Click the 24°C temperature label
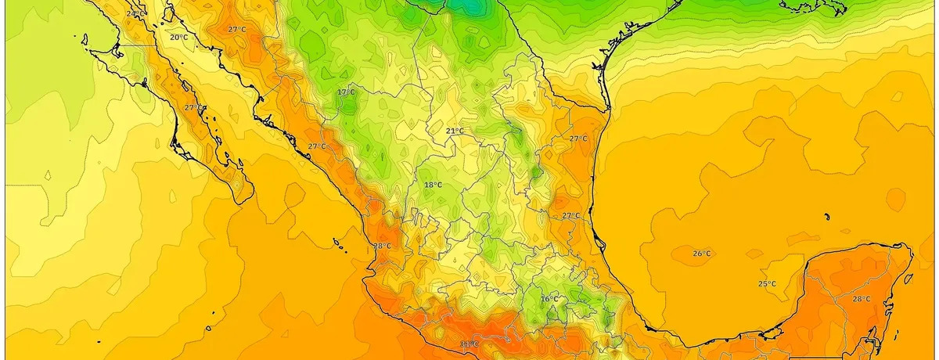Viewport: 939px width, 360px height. coord(134,14)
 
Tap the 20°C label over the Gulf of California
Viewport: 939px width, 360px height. coord(178,37)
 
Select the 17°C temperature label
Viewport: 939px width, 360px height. coord(346,92)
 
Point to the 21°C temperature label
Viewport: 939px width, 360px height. coord(455,131)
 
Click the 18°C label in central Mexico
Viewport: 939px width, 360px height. coord(433,185)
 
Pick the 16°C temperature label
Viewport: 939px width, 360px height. coord(550,298)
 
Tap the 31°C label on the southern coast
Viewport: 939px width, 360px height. coord(469,344)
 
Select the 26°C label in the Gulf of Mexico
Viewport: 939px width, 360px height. coord(702,253)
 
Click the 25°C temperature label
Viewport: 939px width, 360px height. coord(766,283)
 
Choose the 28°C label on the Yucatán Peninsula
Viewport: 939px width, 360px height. coord(861,299)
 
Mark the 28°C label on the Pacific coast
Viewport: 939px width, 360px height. coord(382,246)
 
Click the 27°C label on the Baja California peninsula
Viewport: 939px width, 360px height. coord(193,107)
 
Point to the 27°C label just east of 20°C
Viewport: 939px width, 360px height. coord(236,29)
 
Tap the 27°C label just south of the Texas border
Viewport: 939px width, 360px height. coord(577,138)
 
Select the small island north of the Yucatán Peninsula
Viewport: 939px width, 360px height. coord(826,217)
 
